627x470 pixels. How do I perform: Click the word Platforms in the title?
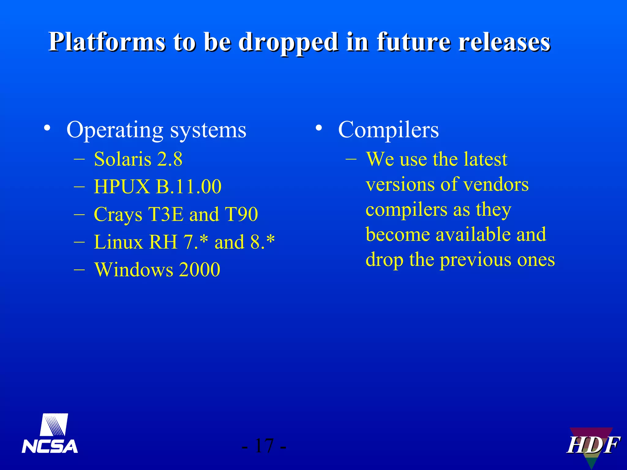pyautogui.click(x=107, y=42)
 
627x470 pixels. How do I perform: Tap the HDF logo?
pyautogui.click(x=592, y=445)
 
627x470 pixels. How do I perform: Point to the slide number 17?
pyautogui.click(x=264, y=446)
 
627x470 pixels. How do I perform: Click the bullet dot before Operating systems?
pyautogui.click(x=47, y=128)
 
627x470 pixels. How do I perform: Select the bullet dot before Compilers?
pyautogui.click(x=319, y=128)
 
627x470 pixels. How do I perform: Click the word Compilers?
pyautogui.click(x=388, y=130)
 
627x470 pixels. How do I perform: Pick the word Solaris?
pyautogui.click(x=122, y=159)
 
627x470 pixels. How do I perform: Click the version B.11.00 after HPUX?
pyautogui.click(x=189, y=187)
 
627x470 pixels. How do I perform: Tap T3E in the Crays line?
pyautogui.click(x=166, y=214)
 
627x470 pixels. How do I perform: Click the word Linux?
pyautogui.click(x=118, y=242)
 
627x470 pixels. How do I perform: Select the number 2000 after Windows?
pyautogui.click(x=199, y=270)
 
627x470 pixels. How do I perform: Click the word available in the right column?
pyautogui.click(x=473, y=235)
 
